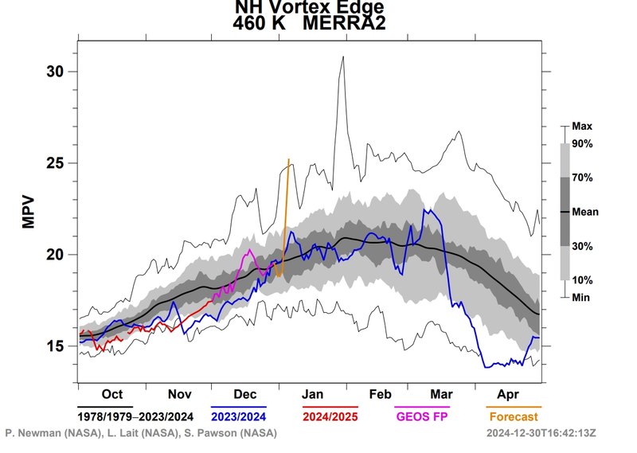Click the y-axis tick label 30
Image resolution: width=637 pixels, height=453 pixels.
click(54, 72)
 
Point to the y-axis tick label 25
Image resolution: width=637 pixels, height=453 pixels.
click(54, 163)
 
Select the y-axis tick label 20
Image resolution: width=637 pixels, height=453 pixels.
click(54, 255)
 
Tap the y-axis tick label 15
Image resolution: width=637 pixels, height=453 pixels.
click(54, 346)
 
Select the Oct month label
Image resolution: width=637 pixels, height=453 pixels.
click(111, 393)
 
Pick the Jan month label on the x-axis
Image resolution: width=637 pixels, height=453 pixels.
click(312, 393)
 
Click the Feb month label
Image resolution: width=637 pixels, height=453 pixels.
click(379, 393)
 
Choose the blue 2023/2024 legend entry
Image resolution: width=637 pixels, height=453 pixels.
click(239, 415)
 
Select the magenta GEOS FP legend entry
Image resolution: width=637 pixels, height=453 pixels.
click(423, 415)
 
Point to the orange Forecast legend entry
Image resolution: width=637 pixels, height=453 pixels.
click(514, 415)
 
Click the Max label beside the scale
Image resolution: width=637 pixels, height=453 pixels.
click(583, 126)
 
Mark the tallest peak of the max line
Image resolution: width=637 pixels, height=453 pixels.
click(343, 57)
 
